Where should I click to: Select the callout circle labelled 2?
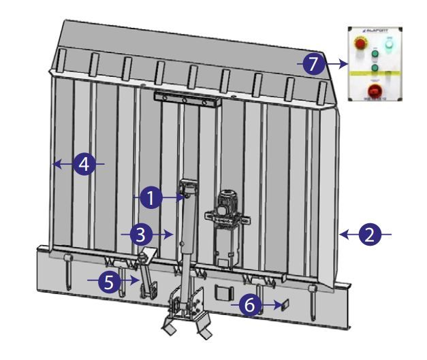[368, 235]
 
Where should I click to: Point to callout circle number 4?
[82, 164]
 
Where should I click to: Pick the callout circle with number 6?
[251, 306]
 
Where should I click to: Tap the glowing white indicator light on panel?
[390, 45]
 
